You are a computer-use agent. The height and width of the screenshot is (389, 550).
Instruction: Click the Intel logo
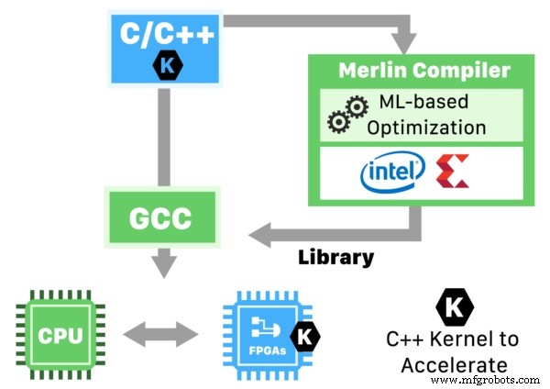click(x=392, y=172)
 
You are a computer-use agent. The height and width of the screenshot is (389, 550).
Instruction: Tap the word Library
click(x=336, y=257)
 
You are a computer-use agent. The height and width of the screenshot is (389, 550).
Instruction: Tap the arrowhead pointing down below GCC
click(x=164, y=266)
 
